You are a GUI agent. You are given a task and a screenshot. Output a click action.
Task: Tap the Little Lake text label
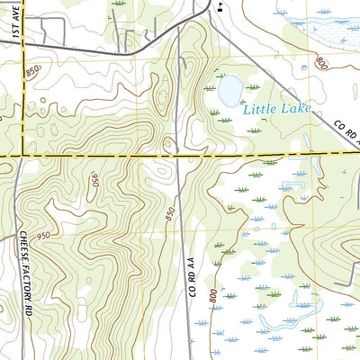(276, 110)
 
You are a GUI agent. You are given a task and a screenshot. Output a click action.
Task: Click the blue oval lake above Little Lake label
(230, 90)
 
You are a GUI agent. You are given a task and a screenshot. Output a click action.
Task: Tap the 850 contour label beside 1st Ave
(33, 70)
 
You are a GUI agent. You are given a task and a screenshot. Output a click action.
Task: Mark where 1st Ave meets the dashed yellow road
(22, 155)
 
